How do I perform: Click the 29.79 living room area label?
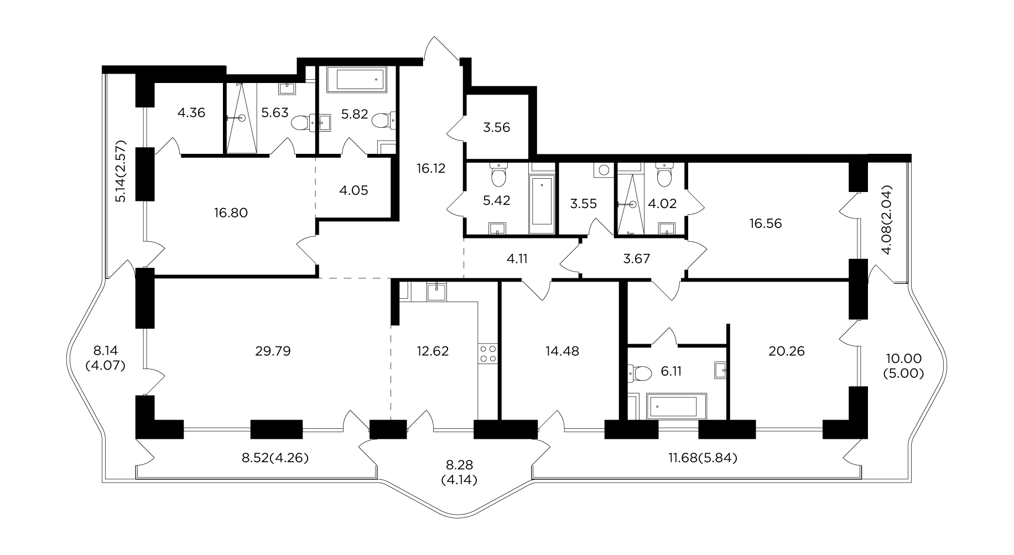click(x=271, y=351)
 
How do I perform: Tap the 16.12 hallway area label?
click(x=431, y=168)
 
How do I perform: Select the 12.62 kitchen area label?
click(x=434, y=351)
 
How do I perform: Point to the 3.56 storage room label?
click(x=496, y=128)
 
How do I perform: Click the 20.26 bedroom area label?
click(x=787, y=351)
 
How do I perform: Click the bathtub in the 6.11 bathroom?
click(x=677, y=406)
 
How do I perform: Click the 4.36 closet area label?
click(x=191, y=113)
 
